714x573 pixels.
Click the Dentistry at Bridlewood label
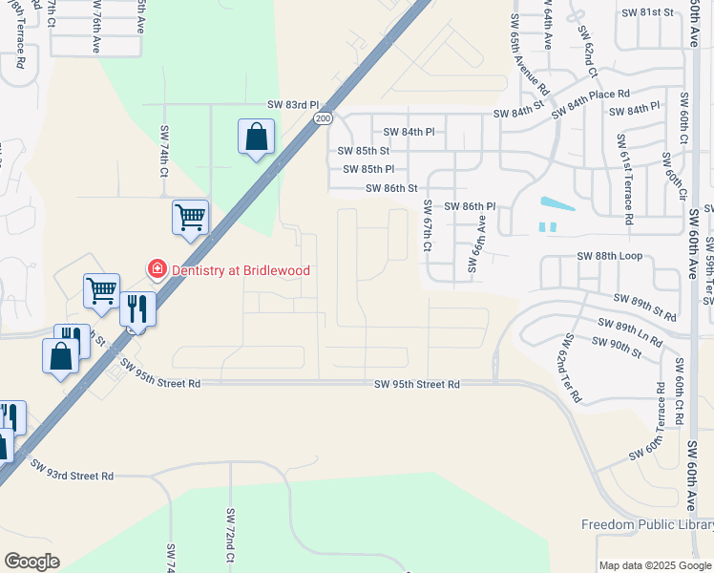(241, 270)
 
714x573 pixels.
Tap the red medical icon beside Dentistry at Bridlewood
(156, 270)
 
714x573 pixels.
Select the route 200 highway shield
(322, 117)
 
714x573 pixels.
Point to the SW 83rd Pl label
(290, 104)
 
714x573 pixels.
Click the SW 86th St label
(392, 188)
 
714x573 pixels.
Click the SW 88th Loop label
(610, 256)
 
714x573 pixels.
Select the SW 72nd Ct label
(230, 535)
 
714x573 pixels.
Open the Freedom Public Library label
(647, 525)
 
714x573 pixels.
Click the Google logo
(31, 562)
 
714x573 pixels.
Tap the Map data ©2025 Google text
(655, 565)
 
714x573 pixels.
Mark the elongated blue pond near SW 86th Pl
(556, 203)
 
